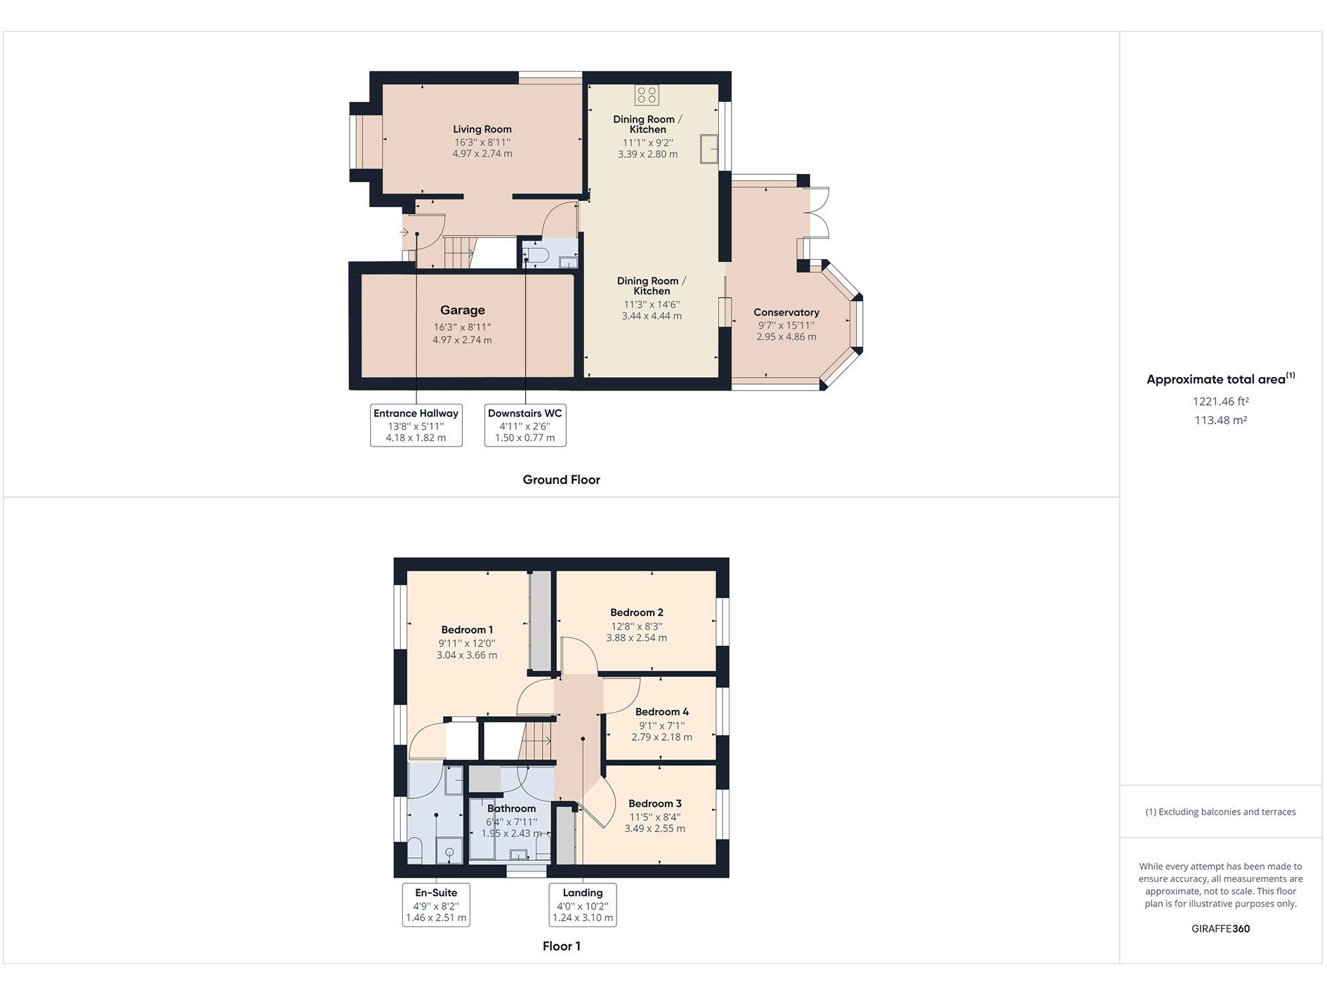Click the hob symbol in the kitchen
[x=647, y=95]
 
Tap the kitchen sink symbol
[x=708, y=148]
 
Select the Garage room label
[x=462, y=310]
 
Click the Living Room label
[x=482, y=129]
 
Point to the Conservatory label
[x=786, y=312]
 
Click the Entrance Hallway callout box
[x=416, y=425]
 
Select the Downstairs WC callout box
[x=524, y=425]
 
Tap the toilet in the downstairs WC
[x=537, y=255]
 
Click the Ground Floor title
[x=561, y=480]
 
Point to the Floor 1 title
[x=561, y=946]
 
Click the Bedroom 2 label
[x=636, y=612]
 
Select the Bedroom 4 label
[x=661, y=712]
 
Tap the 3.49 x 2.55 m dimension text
[x=654, y=829]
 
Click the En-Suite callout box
[x=435, y=905]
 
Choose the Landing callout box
[x=582, y=905]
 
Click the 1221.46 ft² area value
[x=1220, y=402]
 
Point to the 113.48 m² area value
[x=1220, y=421]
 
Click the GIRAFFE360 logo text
[x=1220, y=928]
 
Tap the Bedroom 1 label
[x=467, y=630]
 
